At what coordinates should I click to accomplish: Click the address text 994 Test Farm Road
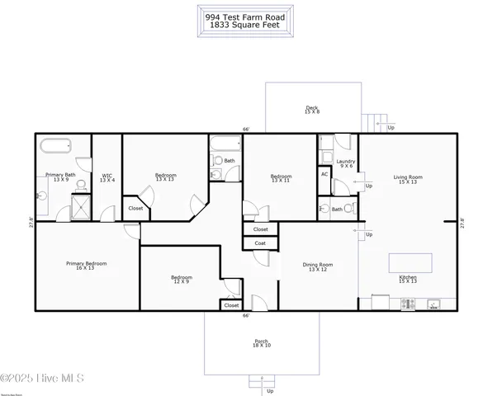click(248, 16)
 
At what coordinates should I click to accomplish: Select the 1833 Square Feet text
click(248, 24)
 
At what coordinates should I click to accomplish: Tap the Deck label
click(312, 108)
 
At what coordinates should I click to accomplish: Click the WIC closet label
click(106, 177)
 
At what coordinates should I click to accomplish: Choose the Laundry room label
click(345, 163)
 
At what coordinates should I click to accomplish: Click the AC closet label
click(324, 174)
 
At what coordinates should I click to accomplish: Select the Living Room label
click(408, 179)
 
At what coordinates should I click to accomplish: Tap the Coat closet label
click(260, 243)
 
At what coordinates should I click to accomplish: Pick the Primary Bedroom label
click(87, 266)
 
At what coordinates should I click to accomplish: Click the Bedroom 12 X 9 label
click(182, 279)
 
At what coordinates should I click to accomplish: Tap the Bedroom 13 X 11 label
click(282, 177)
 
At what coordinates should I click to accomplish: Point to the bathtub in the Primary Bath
click(56, 148)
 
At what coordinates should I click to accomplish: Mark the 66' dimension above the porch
click(245, 316)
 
